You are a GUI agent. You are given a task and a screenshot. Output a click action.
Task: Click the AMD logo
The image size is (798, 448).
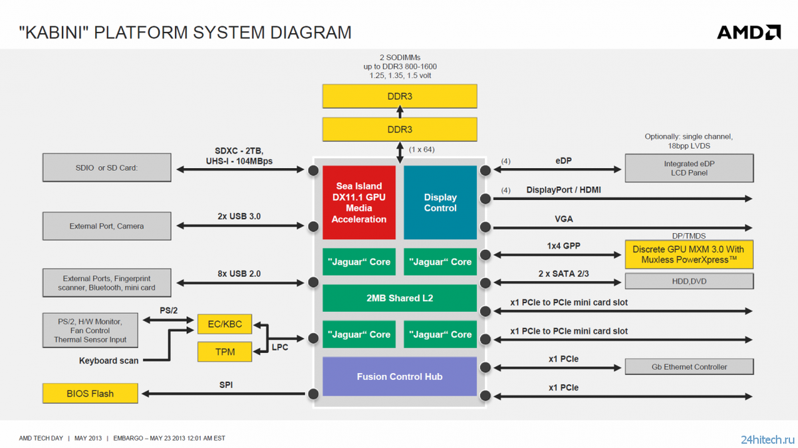[x=749, y=33]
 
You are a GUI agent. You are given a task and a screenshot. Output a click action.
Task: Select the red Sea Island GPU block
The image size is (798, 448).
[x=358, y=202]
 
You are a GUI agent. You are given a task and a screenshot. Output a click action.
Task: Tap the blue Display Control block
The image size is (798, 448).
[x=440, y=202]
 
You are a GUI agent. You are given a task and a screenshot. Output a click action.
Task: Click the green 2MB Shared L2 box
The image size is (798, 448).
[x=400, y=298]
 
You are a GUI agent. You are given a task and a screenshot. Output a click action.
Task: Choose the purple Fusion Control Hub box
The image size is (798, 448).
[x=400, y=376]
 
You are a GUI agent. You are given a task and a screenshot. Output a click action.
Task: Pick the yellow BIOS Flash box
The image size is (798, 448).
[x=90, y=393]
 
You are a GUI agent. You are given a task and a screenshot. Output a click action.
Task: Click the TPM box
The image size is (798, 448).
[x=225, y=352]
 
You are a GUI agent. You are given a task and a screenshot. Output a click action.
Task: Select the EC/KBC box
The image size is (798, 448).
[x=225, y=324]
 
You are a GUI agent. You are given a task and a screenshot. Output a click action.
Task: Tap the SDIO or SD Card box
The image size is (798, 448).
[x=107, y=168]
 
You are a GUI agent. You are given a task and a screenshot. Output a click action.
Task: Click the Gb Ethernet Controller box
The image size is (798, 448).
[x=690, y=367]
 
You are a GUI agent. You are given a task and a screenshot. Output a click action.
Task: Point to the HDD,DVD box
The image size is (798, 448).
[x=690, y=281]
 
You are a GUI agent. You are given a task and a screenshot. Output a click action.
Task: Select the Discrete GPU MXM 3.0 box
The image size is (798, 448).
[x=689, y=255]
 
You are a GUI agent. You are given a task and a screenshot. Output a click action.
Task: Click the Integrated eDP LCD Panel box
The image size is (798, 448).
[x=690, y=168]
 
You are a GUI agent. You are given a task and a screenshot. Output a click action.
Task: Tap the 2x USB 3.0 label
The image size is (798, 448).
[x=239, y=217]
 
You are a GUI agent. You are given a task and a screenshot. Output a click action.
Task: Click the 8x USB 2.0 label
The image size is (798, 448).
[x=239, y=274]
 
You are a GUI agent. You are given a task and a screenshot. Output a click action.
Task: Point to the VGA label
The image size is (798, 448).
[x=564, y=219]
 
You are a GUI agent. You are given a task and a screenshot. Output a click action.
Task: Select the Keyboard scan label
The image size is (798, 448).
[x=108, y=361]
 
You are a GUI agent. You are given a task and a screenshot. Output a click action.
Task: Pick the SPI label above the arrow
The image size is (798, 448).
[x=226, y=385]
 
